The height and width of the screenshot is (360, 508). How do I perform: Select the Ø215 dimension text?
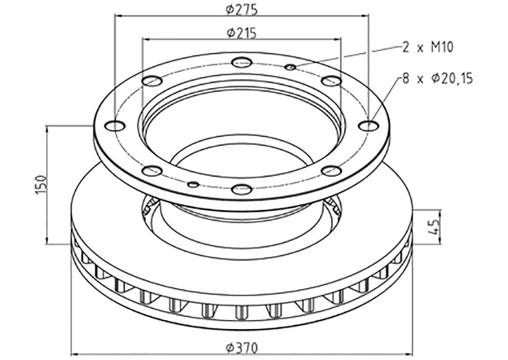click(x=242, y=33)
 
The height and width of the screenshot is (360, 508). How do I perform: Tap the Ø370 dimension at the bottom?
click(x=242, y=348)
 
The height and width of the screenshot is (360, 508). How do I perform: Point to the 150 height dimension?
click(x=41, y=185)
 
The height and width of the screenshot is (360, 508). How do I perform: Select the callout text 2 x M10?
click(x=427, y=47)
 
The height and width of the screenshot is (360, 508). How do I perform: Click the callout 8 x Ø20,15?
click(x=437, y=78)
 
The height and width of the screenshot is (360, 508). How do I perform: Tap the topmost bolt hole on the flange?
click(x=242, y=62)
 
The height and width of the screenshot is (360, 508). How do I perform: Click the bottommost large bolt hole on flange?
click(x=242, y=189)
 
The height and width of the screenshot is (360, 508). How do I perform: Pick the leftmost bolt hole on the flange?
click(x=115, y=126)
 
